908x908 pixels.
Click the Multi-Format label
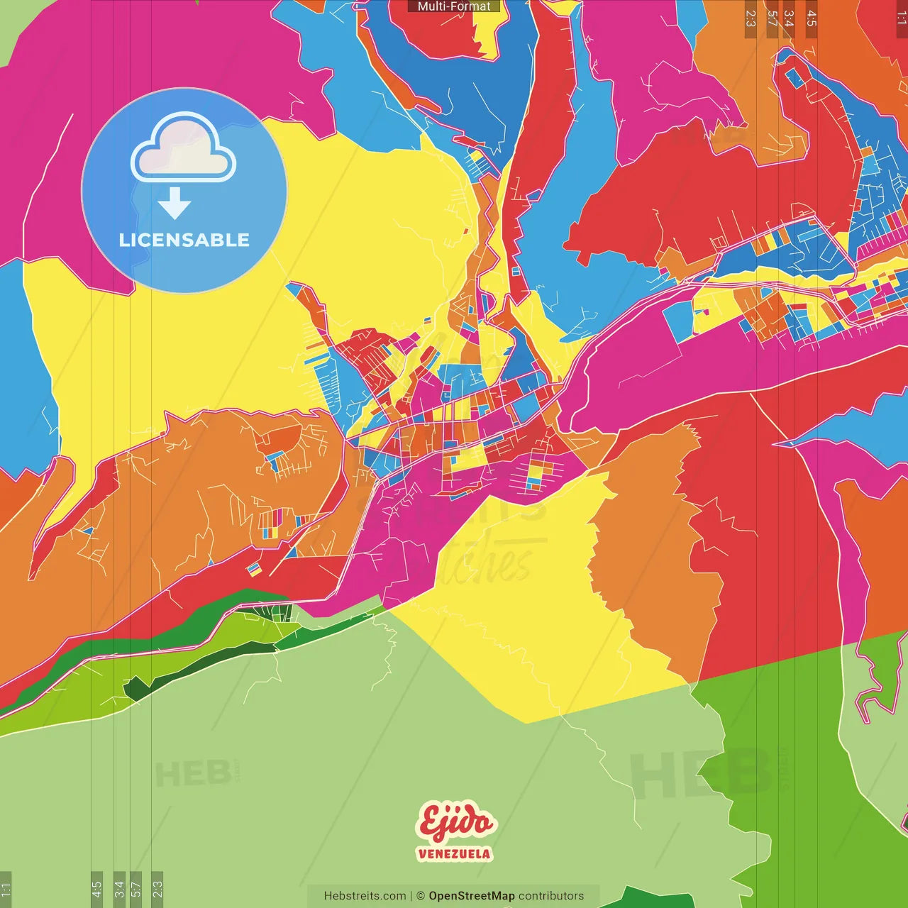click(454, 6)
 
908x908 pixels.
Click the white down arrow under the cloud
click(175, 204)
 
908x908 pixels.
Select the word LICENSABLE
click(184, 240)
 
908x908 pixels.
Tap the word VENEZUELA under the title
click(454, 853)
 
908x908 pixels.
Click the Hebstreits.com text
click(365, 896)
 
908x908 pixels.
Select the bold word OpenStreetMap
click(471, 896)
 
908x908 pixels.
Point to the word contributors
click(551, 896)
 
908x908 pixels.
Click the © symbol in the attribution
click(420, 896)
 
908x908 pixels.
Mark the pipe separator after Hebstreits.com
click(411, 896)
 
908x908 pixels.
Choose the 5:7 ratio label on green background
click(136, 888)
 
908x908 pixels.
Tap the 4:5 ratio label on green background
click(96, 888)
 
